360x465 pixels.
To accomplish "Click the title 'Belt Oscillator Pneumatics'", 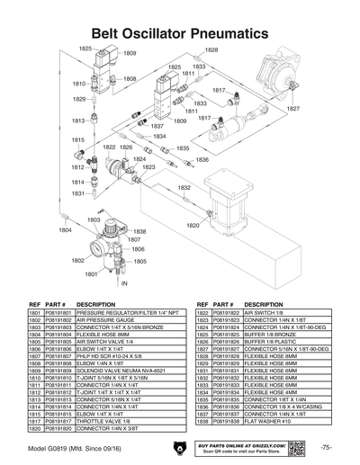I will pyautogui.click(x=180, y=32).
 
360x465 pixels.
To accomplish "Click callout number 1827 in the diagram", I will pyautogui.click(x=292, y=108).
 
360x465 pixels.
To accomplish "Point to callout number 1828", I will pyautogui.click(x=211, y=50).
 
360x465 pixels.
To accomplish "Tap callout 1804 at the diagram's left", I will pyautogui.click(x=65, y=230).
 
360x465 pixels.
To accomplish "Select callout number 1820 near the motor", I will pyautogui.click(x=193, y=226).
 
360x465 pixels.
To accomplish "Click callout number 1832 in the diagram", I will pyautogui.click(x=184, y=188).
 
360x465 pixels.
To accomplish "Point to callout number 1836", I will pyautogui.click(x=202, y=159).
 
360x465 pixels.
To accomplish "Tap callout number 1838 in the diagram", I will pyautogui.click(x=139, y=231).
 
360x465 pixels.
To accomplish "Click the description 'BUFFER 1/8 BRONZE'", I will pyautogui.click(x=274, y=334).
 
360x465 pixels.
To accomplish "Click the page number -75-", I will pyautogui.click(x=327, y=448).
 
